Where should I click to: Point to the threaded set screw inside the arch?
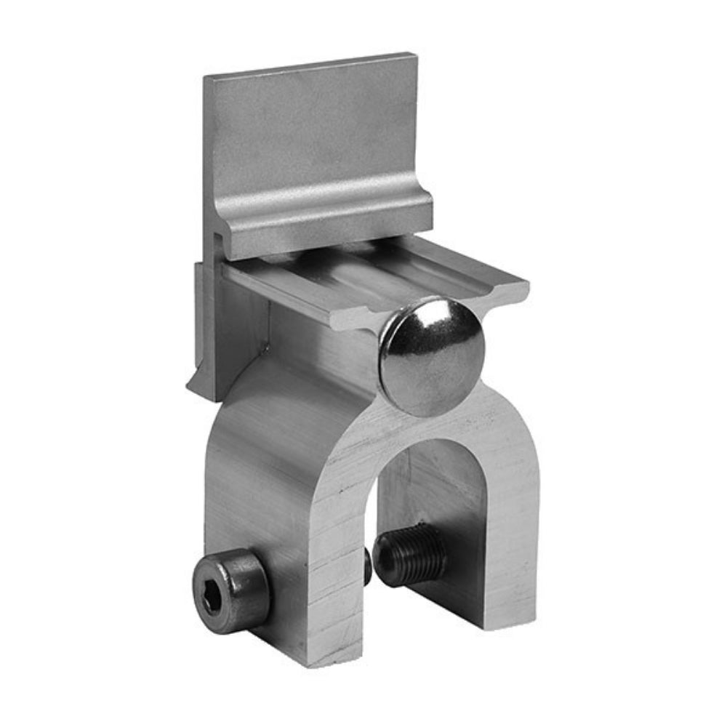pyautogui.click(x=411, y=554)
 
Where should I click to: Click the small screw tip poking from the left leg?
pyautogui.click(x=368, y=566)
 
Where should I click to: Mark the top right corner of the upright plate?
pyautogui.click(x=416, y=55)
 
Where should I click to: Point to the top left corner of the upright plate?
pyautogui.click(x=206, y=76)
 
